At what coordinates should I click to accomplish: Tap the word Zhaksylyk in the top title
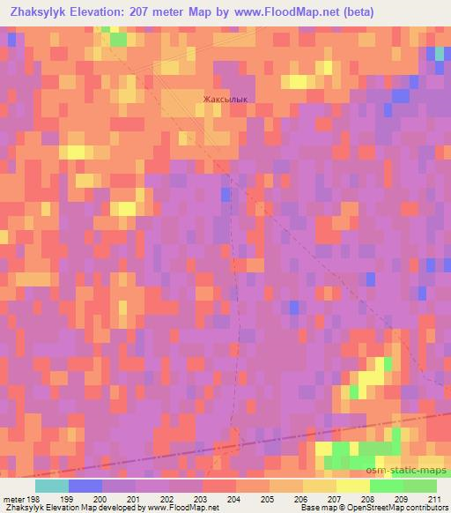[37, 12]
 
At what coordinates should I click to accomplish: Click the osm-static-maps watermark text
[413, 470]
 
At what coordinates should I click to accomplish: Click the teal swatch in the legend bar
[52, 486]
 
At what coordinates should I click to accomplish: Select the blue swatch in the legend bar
[85, 486]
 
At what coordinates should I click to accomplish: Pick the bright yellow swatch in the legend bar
[352, 486]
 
